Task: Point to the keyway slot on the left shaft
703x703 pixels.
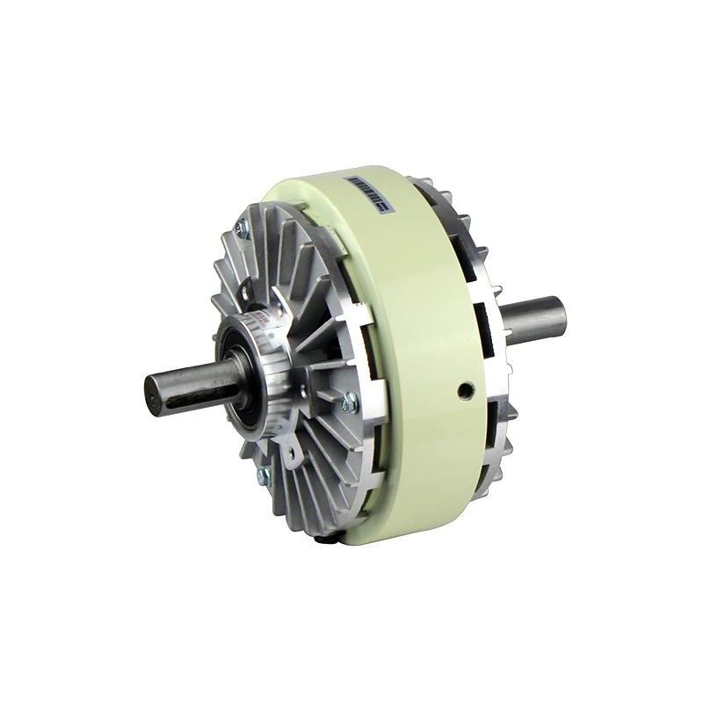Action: click(193, 398)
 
